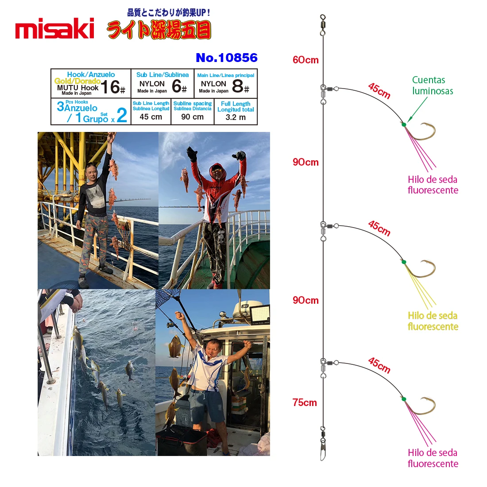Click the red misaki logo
click(54, 28)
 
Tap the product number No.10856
click(226, 58)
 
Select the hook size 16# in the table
click(113, 87)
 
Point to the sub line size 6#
click(179, 86)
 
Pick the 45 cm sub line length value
click(151, 117)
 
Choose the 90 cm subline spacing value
click(192, 117)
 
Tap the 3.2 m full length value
click(236, 117)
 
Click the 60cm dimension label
click(305, 60)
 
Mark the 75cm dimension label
click(305, 402)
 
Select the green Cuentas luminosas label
click(433, 85)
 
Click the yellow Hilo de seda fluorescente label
click(433, 321)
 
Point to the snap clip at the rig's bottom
click(323, 451)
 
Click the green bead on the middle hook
click(404, 262)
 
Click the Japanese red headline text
click(159, 30)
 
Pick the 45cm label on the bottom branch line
click(379, 365)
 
